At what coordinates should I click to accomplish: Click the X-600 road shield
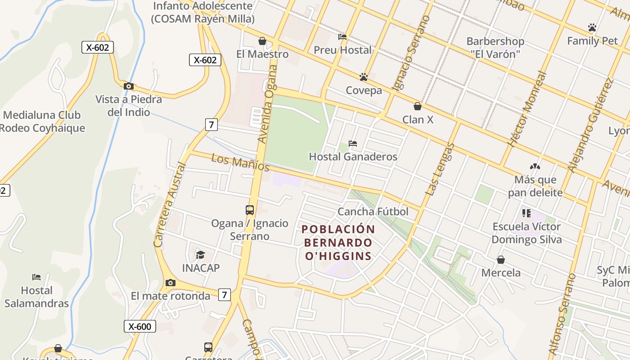pos(140,326)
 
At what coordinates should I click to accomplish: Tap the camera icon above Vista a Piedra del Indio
pos(128,86)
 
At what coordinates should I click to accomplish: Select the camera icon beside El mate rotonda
pos(170,283)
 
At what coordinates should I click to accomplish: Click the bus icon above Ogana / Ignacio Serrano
pos(250,210)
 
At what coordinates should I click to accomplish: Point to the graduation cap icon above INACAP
pos(200,255)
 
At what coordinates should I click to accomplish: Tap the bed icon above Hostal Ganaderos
pos(353,144)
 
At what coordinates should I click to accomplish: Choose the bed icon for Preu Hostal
pos(342,37)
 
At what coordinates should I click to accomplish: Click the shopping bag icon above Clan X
pos(418,106)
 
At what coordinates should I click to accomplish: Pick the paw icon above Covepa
pos(364,77)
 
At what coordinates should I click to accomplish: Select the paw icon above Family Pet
pos(592,27)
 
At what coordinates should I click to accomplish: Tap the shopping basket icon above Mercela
pos(501,260)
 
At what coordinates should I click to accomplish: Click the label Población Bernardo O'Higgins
pos(338,243)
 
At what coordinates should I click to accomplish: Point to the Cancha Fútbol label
pos(373,211)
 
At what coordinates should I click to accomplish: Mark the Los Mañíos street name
pos(240,163)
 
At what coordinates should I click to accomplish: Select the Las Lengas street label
pos(440,169)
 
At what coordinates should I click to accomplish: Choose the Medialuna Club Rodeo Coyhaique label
pos(42,121)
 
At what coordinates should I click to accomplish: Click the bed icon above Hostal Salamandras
pos(36,277)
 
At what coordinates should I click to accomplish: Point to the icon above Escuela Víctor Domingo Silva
pos(526,213)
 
